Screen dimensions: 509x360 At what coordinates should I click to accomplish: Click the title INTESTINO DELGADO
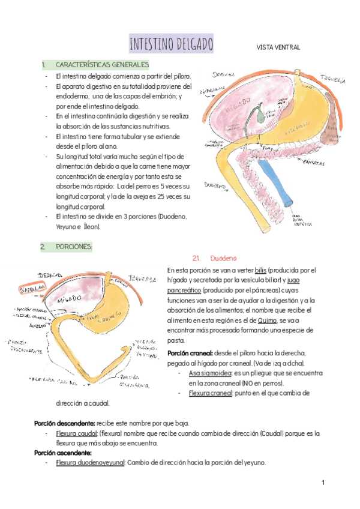click(x=171, y=44)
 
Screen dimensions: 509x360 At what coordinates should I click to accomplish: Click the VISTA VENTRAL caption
click(x=278, y=47)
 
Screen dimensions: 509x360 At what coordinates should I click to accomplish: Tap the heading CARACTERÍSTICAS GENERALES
click(x=102, y=64)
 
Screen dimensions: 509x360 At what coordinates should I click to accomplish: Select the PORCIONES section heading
click(x=74, y=246)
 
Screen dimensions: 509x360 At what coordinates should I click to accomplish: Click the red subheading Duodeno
click(x=224, y=258)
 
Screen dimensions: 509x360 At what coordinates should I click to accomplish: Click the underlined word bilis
click(x=260, y=271)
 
